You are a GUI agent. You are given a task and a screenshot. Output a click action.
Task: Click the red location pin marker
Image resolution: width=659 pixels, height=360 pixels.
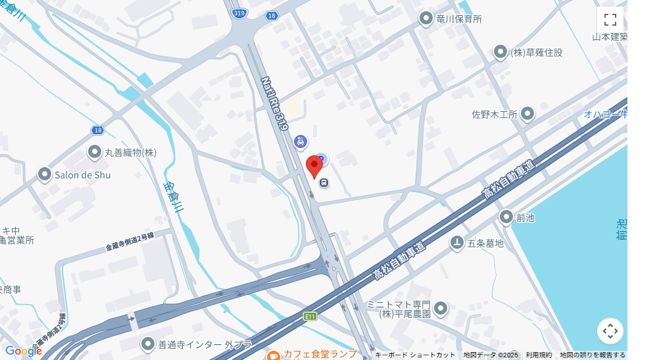click(315, 166)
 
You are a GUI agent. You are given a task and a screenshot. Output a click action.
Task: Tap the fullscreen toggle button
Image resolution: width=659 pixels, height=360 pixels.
click(610, 20)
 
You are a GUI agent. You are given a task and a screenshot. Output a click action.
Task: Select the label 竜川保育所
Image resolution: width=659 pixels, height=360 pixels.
click(459, 19)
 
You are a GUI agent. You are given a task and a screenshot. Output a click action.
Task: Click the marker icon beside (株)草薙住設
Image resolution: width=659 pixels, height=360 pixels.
click(500, 51)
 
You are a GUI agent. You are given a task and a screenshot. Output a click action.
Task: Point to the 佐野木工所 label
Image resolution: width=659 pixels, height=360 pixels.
click(495, 115)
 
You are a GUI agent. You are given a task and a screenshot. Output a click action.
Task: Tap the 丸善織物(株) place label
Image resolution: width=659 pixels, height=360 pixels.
click(131, 153)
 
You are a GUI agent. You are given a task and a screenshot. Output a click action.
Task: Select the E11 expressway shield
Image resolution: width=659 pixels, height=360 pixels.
click(310, 317)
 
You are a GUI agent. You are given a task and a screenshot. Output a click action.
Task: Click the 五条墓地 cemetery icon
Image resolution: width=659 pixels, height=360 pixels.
click(456, 243)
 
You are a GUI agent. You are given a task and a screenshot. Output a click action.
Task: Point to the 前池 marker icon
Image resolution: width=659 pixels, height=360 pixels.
click(506, 217)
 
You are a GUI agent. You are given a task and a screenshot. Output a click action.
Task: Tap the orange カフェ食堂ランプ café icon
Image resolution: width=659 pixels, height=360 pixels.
click(273, 356)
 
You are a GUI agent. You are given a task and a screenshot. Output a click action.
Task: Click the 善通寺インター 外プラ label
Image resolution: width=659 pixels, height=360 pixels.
click(196, 344)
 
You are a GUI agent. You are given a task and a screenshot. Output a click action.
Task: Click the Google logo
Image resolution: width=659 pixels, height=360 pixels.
click(23, 351)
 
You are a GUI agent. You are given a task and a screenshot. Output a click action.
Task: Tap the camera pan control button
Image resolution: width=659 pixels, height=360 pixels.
click(610, 331)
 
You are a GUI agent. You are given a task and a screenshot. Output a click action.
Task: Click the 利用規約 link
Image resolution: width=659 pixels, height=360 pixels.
click(539, 355)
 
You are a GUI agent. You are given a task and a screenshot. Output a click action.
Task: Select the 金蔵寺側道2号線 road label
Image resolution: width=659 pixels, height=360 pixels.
click(130, 242)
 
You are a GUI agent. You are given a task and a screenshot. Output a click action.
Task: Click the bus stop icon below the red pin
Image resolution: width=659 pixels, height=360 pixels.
click(324, 183)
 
